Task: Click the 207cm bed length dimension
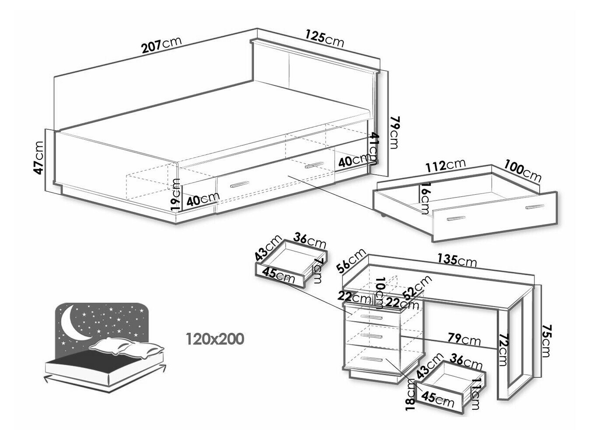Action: [x=162, y=45]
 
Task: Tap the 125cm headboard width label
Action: [x=325, y=39]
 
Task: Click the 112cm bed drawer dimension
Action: [x=446, y=166]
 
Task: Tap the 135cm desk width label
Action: [x=457, y=260]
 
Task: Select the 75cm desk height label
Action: [x=546, y=341]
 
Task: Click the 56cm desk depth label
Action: [x=352, y=261]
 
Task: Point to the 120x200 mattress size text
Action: [x=215, y=339]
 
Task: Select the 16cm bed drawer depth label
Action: [x=424, y=198]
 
